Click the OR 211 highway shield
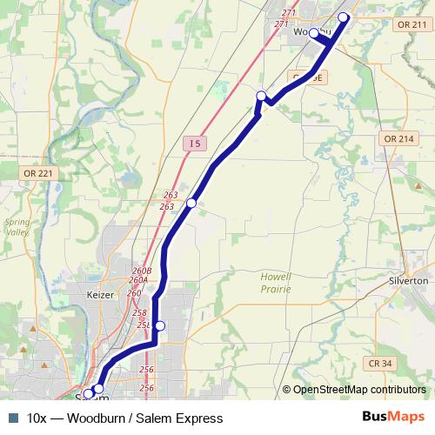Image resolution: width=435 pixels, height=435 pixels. click(412, 25)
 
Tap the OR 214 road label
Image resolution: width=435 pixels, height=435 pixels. click(398, 139)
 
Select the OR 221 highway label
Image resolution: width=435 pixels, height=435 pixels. click(38, 174)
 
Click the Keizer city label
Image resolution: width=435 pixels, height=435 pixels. click(102, 295)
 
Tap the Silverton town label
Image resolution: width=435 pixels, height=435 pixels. click(407, 282)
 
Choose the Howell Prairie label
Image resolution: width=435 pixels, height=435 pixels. click(275, 281)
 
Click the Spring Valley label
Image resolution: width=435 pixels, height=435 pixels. click(17, 227)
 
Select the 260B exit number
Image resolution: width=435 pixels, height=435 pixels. click(142, 271)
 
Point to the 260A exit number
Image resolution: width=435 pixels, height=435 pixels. click(138, 280)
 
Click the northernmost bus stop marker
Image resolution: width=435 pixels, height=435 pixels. click(343, 17)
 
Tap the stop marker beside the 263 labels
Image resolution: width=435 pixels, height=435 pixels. click(191, 203)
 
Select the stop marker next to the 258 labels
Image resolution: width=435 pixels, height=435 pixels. click(159, 325)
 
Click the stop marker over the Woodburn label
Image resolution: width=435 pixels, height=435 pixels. click(314, 33)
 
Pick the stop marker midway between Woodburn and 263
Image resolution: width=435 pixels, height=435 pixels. click(261, 95)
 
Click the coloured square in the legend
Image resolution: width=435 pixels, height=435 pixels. click(12, 418)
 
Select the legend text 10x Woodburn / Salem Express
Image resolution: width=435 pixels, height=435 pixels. click(125, 418)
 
